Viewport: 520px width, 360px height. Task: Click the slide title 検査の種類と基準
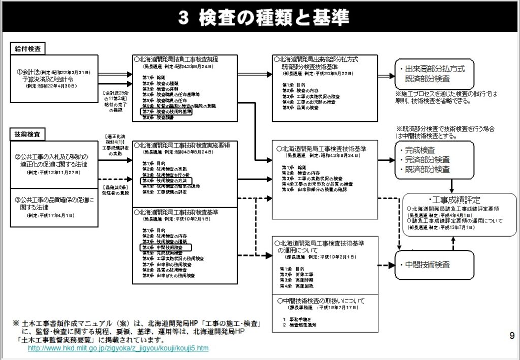pos(264,18)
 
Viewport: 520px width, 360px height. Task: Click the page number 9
pos(511,335)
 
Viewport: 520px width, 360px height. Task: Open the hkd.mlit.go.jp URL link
pos(118,349)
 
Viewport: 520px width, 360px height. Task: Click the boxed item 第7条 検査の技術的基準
pos(168,112)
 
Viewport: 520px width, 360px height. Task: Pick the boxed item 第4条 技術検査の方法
pos(166,180)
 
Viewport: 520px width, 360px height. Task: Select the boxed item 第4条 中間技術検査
pos(166,247)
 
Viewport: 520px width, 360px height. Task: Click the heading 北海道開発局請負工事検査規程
pos(178,59)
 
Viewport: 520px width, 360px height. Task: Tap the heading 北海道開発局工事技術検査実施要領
pos(184,145)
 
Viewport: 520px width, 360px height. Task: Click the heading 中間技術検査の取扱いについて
pos(321,301)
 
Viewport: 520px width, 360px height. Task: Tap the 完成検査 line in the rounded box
pos(420,150)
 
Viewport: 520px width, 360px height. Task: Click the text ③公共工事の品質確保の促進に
pos(55,199)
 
